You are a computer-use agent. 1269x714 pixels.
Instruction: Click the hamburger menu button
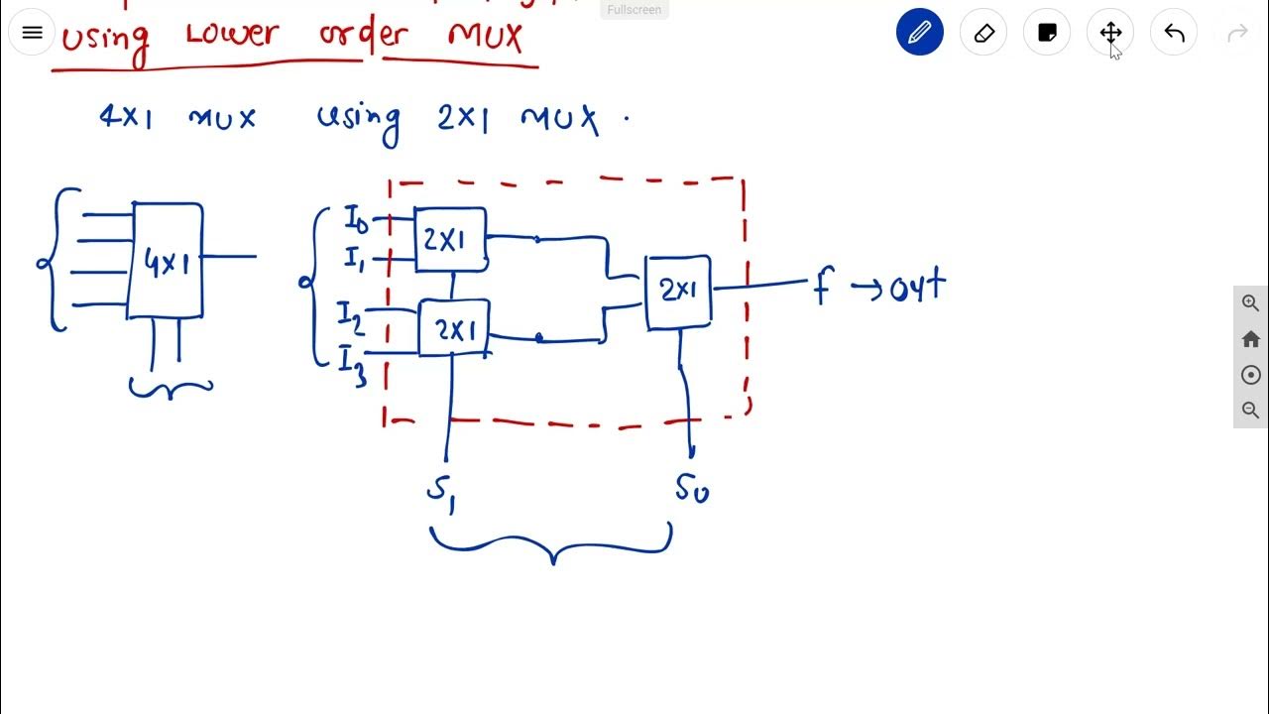32,33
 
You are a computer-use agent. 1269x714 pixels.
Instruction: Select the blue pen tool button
919,33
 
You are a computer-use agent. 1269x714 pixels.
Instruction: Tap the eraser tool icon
983,33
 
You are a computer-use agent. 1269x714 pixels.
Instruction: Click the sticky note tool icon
1047,33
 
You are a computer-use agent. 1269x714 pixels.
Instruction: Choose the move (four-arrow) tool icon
1110,33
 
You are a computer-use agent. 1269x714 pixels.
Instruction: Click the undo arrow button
1174,33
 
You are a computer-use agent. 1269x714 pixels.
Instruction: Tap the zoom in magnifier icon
1250,303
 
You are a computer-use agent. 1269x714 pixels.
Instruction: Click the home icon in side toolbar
1250,339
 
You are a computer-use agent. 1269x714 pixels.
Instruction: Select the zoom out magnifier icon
1250,411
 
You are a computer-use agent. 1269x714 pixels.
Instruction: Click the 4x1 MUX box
166,261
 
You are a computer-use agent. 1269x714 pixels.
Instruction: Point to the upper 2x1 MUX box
450,239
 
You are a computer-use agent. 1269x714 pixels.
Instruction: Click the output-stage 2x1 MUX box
678,291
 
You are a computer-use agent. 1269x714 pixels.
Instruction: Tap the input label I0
356,219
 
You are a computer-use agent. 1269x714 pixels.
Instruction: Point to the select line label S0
692,488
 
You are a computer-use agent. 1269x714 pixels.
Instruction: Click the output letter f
822,288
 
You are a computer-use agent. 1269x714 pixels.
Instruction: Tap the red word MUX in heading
485,37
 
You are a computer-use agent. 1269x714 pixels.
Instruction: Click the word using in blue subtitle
359,120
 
